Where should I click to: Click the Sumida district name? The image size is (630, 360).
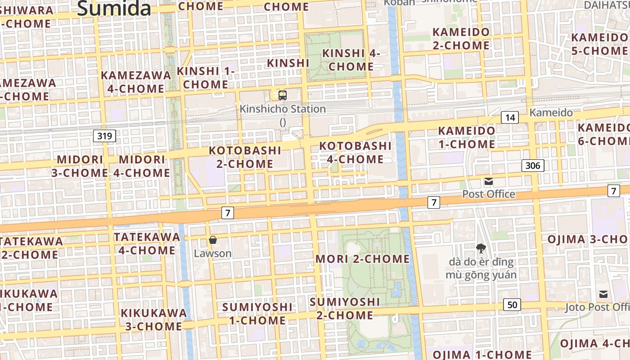(114, 8)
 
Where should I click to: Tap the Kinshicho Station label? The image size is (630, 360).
(283, 109)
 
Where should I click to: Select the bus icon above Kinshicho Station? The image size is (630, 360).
(283, 95)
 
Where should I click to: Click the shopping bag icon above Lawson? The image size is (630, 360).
(213, 240)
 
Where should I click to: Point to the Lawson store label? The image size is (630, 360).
(213, 253)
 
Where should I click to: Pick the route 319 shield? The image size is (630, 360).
(105, 135)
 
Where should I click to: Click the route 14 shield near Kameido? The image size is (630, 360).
(510, 118)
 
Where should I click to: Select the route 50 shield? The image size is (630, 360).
(512, 305)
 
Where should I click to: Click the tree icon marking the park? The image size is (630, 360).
(481, 248)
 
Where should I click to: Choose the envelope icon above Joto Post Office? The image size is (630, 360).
(603, 294)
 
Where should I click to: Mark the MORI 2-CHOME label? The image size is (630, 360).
(363, 259)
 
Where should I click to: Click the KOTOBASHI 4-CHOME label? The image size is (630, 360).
(355, 153)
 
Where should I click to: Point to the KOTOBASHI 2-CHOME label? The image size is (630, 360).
(245, 157)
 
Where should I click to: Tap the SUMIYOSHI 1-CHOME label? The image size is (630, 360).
(257, 314)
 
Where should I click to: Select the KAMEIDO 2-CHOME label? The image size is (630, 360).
(461, 39)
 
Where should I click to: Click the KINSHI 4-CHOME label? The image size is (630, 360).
(351, 60)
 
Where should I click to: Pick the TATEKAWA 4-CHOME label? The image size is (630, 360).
(147, 243)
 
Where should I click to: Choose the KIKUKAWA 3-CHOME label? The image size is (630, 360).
(153, 319)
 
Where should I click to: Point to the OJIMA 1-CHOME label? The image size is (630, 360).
(482, 354)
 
